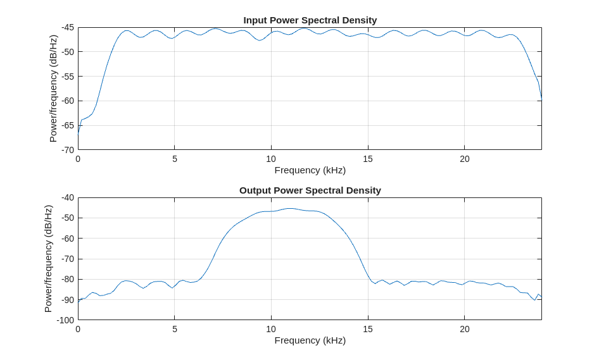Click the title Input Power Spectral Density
(310, 20)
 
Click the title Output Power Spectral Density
(310, 190)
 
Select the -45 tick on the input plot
(68, 28)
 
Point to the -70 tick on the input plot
(68, 150)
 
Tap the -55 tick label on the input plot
(68, 77)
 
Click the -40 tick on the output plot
(68, 197)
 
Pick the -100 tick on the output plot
(66, 320)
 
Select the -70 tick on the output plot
(68, 259)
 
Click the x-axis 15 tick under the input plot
(368, 159)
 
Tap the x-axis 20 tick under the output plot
(465, 329)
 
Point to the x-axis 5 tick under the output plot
(175, 329)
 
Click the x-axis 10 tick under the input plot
(271, 159)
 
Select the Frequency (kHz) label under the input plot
(310, 170)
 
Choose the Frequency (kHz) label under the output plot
(310, 340)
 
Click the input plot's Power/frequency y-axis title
(53, 89)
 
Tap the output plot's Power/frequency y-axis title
(48, 258)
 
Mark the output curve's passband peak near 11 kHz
(290, 208)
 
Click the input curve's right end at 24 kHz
(541, 97)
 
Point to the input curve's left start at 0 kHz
(79, 133)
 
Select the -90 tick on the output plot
(68, 299)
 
